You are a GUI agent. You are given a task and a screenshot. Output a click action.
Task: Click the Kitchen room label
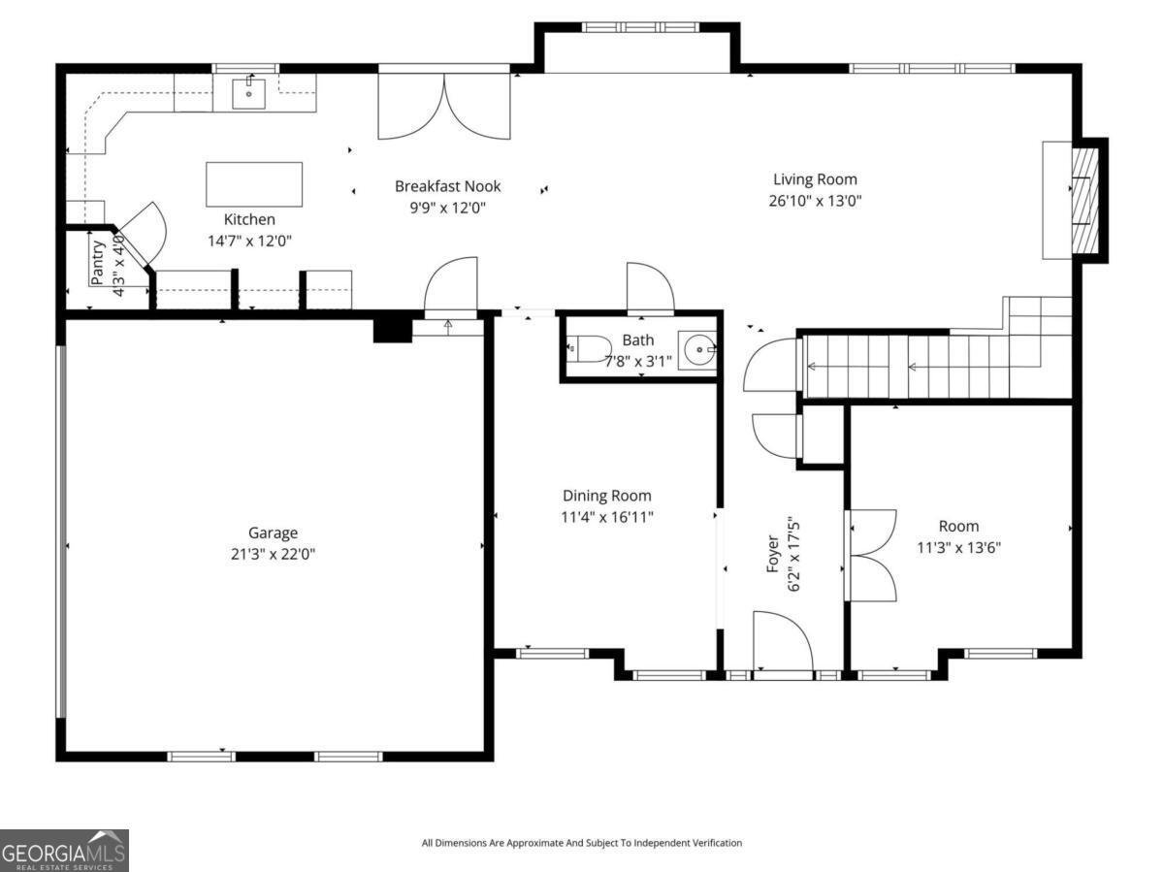249,220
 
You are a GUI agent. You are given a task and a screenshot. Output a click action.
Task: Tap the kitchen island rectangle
254,184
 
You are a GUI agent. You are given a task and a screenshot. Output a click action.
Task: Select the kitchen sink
248,94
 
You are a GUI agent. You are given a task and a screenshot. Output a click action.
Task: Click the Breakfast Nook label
447,186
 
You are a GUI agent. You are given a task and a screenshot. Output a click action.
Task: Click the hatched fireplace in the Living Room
1085,200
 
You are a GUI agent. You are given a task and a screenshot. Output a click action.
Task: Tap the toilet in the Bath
589,348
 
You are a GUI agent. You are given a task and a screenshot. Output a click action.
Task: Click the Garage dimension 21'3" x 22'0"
273,555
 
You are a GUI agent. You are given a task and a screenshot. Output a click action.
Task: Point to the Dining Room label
607,496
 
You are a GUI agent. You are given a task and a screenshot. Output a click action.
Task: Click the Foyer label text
773,554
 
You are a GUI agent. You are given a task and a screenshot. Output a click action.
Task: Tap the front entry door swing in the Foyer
782,640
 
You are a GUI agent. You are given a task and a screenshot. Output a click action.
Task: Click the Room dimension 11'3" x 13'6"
958,547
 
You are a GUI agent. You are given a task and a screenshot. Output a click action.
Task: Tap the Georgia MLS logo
64,851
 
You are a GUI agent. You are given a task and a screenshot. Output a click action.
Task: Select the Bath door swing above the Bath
648,288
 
